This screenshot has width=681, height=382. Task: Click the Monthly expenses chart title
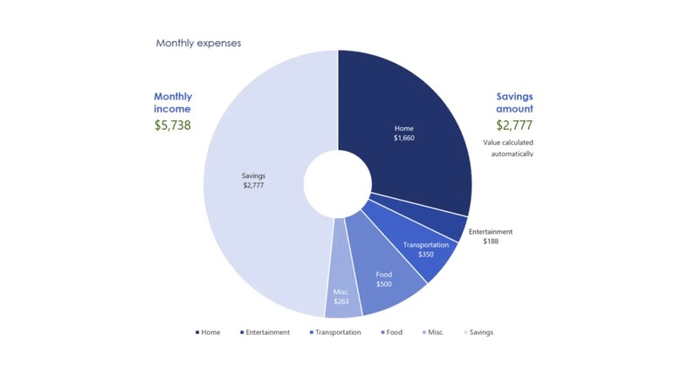coord(198,43)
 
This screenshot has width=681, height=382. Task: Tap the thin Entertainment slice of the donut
coord(453,225)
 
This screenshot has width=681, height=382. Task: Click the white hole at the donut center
coord(338,184)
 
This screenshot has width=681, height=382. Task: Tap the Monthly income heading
coord(173,103)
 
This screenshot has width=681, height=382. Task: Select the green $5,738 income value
coord(173,125)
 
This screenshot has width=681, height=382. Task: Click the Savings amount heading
coord(514,103)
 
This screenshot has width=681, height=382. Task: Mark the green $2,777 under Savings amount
coord(514,125)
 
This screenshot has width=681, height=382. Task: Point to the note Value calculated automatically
coord(508,148)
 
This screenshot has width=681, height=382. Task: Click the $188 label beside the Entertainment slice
coord(491,241)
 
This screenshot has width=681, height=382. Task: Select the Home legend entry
coord(209,332)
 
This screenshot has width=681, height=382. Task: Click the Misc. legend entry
coord(434,332)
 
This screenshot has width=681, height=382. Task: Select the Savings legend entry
coord(478,332)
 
